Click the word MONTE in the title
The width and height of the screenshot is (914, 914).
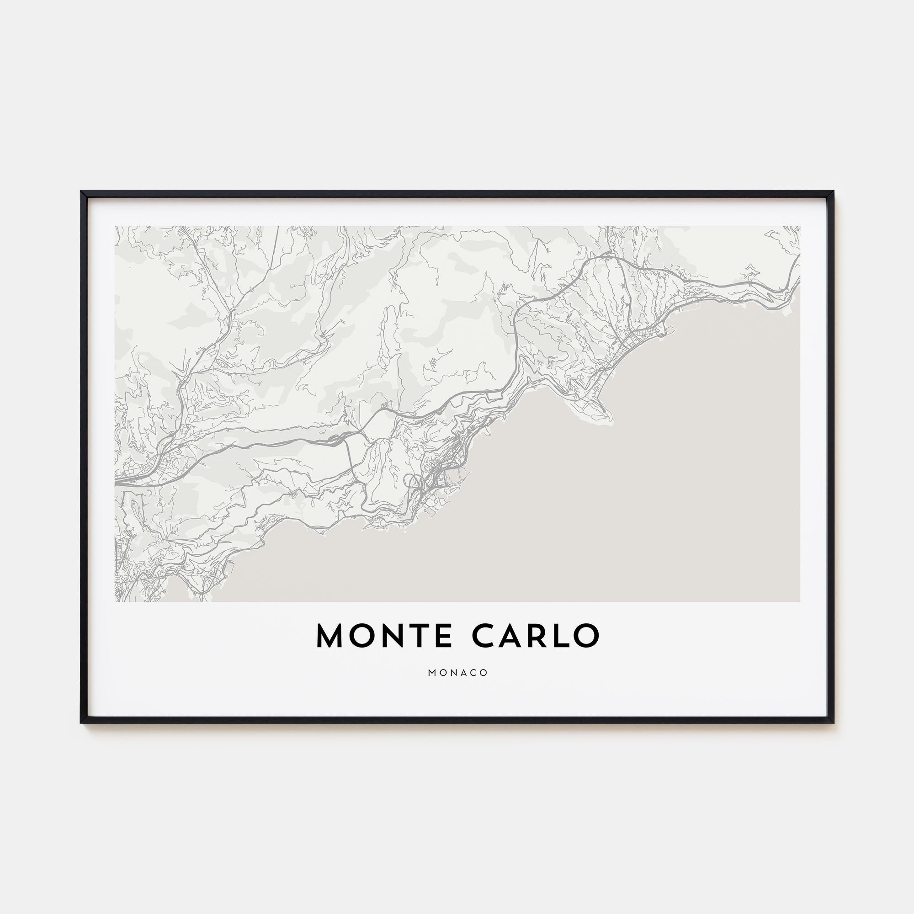point(384,636)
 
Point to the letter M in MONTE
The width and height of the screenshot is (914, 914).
point(329,636)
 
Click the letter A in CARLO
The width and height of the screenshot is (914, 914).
point(510,636)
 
